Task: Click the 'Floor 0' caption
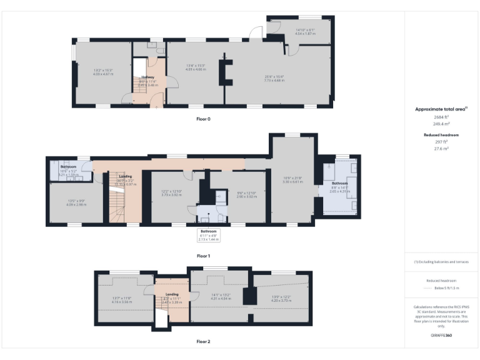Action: [x=203, y=119]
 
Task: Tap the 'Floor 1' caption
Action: [x=203, y=256]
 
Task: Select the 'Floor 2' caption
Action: [x=203, y=342]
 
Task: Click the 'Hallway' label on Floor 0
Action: [x=147, y=77]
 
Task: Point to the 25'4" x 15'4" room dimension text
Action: [x=274, y=78]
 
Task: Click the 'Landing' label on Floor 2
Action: [x=172, y=294]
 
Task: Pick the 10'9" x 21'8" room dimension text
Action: [x=293, y=179]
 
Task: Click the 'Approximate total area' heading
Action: [x=441, y=109]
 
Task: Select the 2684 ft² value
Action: [x=441, y=117]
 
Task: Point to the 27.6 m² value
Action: [x=441, y=149]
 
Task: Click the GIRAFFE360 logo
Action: [x=441, y=336]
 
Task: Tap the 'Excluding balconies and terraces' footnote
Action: [x=441, y=262]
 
